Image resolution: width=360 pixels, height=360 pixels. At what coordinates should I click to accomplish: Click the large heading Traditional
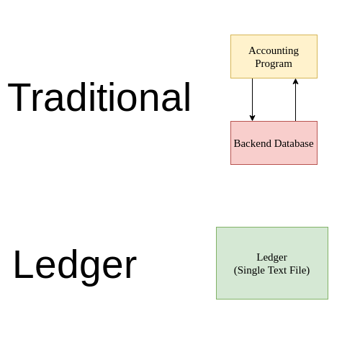tap(99, 98)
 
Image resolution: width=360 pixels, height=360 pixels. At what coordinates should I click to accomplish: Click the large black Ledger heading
tap(75, 265)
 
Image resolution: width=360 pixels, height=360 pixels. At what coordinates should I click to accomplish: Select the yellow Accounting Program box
tap(274, 56)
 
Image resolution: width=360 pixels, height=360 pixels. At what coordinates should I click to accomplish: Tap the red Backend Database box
tap(274, 143)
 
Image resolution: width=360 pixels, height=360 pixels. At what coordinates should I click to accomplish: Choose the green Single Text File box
tap(272, 263)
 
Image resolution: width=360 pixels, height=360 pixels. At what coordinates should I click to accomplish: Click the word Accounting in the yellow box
tap(274, 50)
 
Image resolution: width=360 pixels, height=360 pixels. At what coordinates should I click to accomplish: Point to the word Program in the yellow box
tap(274, 63)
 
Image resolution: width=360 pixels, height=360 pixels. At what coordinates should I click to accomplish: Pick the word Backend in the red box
tap(249, 143)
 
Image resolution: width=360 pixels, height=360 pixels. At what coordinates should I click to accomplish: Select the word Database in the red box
tap(291, 143)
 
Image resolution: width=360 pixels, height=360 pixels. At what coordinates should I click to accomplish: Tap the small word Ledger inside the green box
tap(271, 257)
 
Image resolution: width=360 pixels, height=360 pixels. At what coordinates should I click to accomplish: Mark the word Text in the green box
tap(277, 270)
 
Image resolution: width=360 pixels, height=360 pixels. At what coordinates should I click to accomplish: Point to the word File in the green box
tap(299, 270)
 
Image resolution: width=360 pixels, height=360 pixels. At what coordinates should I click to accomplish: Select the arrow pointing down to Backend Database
tap(252, 99)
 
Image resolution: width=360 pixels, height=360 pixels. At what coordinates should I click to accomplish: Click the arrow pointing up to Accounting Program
tap(295, 99)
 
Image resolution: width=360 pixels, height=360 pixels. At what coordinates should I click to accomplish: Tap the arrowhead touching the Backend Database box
tap(252, 117)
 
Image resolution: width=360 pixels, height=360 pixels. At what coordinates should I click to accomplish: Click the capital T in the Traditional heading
tap(20, 97)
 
